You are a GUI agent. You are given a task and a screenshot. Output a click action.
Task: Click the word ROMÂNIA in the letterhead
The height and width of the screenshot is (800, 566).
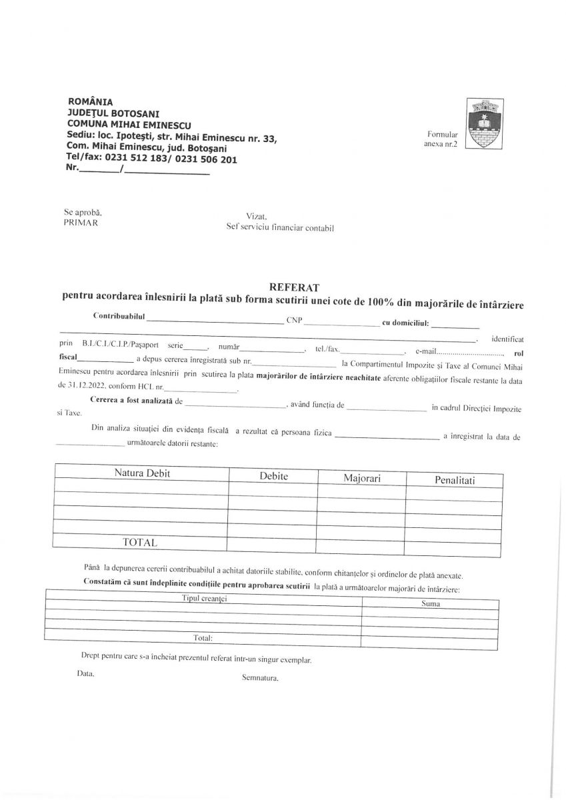[91, 102]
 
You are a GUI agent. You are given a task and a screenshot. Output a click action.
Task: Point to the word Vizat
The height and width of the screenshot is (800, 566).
[256, 216]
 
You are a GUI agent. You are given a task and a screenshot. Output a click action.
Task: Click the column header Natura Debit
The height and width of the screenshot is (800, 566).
[142, 473]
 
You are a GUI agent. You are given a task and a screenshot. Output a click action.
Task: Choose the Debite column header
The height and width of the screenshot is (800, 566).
[273, 477]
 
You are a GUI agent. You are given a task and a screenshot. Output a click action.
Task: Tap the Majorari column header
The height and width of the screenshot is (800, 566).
[361, 478]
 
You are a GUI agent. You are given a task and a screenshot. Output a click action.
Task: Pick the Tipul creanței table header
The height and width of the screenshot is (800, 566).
[205, 599]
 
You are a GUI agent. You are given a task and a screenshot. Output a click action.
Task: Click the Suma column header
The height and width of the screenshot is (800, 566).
[431, 604]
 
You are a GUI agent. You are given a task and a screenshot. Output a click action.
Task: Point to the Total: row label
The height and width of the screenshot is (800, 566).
[203, 638]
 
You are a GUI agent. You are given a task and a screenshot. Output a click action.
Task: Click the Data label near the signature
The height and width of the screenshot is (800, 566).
[85, 673]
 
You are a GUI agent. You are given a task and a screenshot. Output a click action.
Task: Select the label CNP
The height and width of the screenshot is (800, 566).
[294, 320]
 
